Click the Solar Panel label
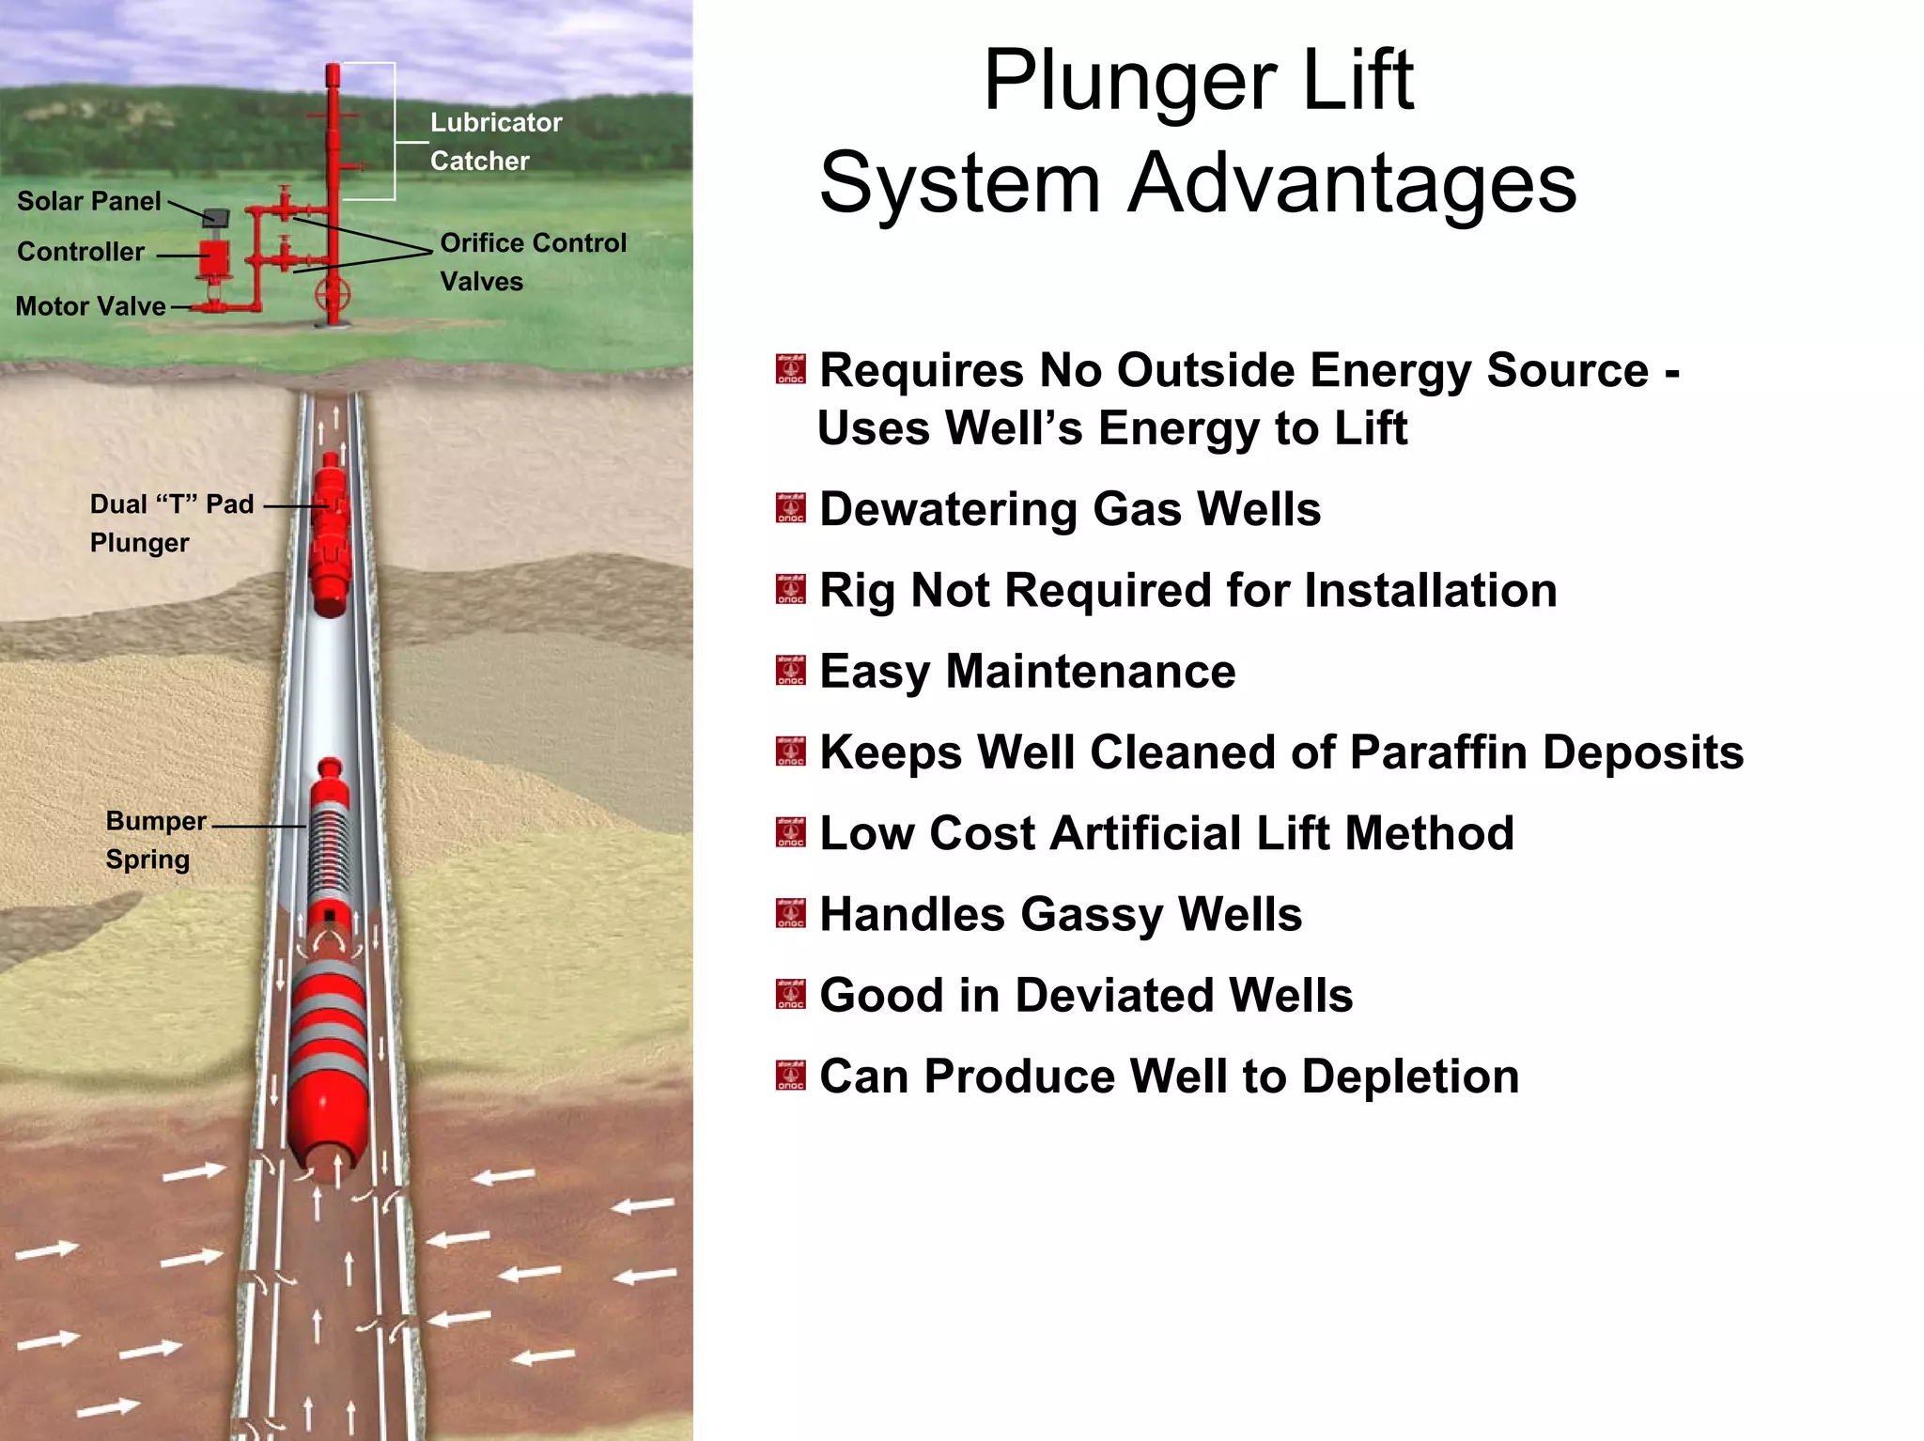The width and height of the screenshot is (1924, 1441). coord(89,201)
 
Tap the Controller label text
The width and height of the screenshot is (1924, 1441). coord(81,252)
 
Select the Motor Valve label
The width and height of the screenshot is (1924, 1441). coord(91,306)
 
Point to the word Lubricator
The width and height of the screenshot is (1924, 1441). coord(496,123)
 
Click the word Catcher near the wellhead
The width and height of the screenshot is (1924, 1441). coord(479,162)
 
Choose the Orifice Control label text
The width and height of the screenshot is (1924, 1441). coord(533,243)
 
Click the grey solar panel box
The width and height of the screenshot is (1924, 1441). coord(218,217)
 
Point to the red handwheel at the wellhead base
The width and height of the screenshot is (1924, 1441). coord(333,294)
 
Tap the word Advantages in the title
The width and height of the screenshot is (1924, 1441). coord(1352,183)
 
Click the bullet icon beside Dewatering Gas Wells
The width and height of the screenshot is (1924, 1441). coord(790,508)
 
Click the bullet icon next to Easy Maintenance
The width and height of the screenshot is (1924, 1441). coord(790,671)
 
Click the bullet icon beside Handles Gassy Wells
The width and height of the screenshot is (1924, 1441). coord(790,914)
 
